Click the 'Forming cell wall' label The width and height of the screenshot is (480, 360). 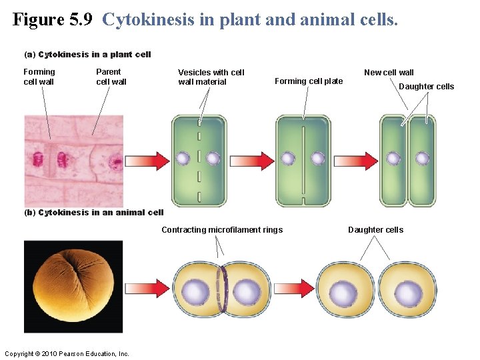click(x=39, y=77)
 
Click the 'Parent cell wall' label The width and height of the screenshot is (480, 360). click(x=111, y=77)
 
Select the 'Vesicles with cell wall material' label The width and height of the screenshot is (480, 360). click(x=211, y=77)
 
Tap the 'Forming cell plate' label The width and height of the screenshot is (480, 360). click(x=309, y=81)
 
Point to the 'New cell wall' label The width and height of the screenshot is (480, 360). click(x=389, y=72)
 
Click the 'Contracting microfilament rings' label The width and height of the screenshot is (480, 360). click(x=222, y=230)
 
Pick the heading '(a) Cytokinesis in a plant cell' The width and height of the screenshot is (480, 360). click(x=87, y=55)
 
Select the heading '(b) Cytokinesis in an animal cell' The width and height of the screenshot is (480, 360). click(x=93, y=213)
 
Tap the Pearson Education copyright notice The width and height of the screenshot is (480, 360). click(x=67, y=353)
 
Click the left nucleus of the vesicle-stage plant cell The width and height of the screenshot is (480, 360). click(x=183, y=159)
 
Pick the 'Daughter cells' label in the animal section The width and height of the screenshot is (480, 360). click(x=375, y=230)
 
